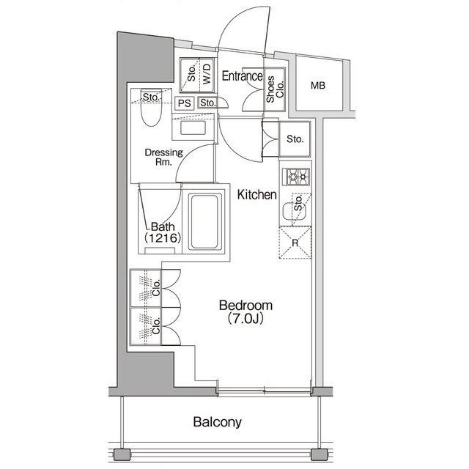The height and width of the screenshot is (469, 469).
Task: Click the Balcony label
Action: (x=218, y=422)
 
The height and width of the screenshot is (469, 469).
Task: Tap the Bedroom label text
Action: (x=247, y=306)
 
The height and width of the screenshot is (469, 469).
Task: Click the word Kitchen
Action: (x=256, y=195)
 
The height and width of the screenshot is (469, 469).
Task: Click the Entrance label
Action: (x=242, y=75)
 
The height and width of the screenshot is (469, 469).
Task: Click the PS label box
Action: (x=184, y=103)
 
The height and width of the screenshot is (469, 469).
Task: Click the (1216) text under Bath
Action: (x=162, y=238)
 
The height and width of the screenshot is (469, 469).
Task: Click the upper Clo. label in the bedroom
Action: (x=156, y=288)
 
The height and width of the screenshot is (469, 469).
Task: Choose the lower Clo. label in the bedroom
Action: (x=156, y=326)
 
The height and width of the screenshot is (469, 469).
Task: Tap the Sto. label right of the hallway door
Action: (x=295, y=139)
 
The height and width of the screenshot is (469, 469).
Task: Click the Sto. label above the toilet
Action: (x=152, y=97)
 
